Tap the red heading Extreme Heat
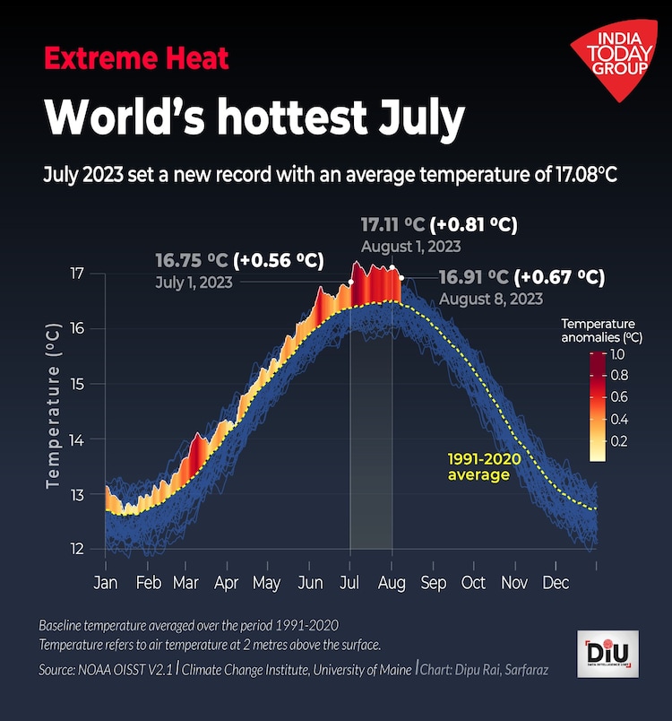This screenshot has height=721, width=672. click(136, 59)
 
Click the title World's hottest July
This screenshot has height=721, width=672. click(254, 117)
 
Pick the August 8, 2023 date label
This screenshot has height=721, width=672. click(491, 299)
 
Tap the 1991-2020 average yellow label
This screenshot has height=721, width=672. click(484, 466)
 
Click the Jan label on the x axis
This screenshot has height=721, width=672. click(106, 583)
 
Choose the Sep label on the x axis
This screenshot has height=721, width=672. click(434, 583)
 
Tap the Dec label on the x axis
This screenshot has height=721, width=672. click(556, 583)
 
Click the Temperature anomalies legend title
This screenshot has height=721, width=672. click(598, 330)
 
